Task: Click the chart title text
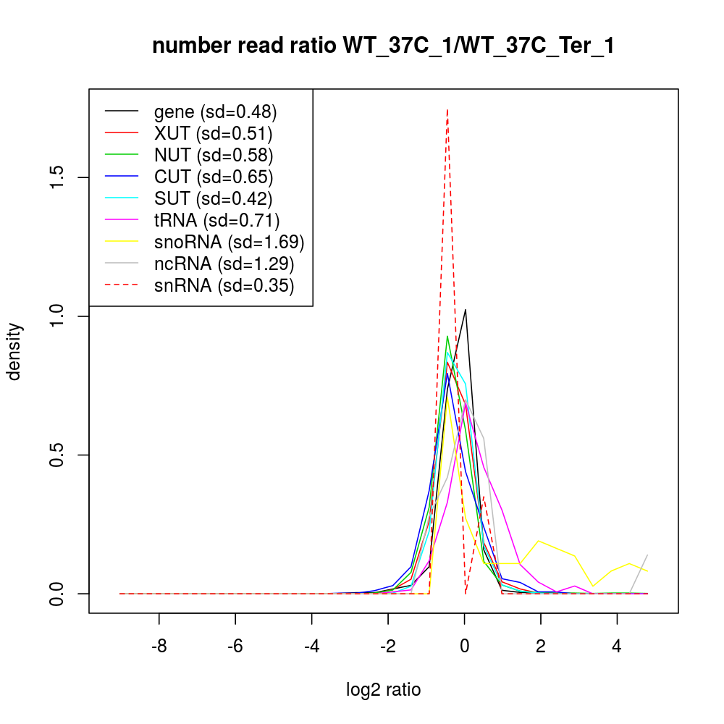tap(383, 46)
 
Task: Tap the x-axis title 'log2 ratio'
tap(383, 689)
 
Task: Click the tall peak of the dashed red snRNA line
tap(447, 110)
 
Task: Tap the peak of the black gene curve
tap(466, 310)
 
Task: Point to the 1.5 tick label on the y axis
tap(58, 177)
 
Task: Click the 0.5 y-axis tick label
tap(58, 455)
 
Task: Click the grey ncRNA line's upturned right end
tap(647, 555)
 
